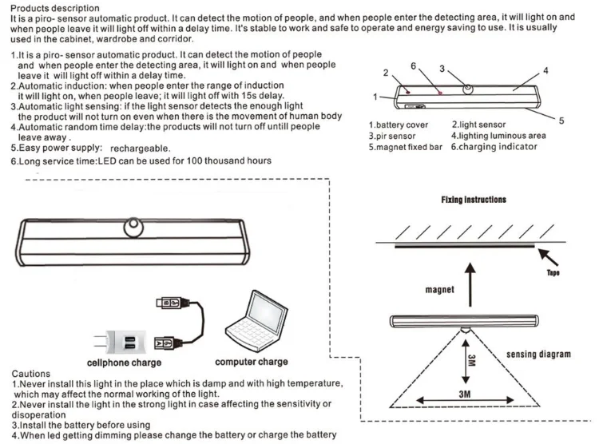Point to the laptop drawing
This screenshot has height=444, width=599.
click(x=253, y=324)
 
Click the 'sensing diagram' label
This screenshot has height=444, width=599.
click(x=538, y=354)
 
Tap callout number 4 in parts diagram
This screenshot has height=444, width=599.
click(x=545, y=71)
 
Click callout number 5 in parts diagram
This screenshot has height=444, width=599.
click(x=561, y=121)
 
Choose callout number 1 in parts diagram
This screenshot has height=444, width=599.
click(x=375, y=97)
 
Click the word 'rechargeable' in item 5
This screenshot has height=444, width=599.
click(x=140, y=149)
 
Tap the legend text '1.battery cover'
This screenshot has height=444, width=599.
click(x=399, y=125)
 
